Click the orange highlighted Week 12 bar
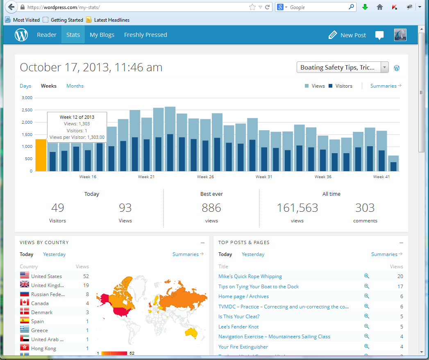click(x=41, y=155)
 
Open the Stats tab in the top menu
click(x=73, y=35)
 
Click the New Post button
click(x=347, y=35)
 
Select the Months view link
click(x=75, y=86)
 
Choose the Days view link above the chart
click(x=25, y=86)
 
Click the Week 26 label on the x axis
click(x=205, y=177)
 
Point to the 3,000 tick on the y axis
click(x=27, y=98)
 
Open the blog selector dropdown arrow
click(x=384, y=68)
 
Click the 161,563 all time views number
click(x=297, y=208)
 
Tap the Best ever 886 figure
click(x=211, y=208)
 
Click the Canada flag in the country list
click(x=25, y=303)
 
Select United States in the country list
click(x=46, y=276)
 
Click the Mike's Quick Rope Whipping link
click(x=250, y=276)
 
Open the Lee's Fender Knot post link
click(x=238, y=327)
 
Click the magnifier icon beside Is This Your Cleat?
click(x=367, y=316)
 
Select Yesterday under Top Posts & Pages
click(x=253, y=254)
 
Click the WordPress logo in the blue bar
click(x=21, y=35)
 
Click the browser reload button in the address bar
click(x=268, y=7)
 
